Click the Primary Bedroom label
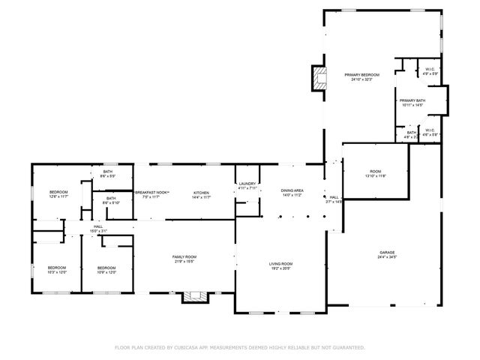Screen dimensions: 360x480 tap(361, 76)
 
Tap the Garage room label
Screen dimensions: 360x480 tap(386, 253)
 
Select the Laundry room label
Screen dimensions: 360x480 tap(247, 184)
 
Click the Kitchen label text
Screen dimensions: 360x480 tap(200, 193)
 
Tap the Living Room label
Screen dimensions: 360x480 tap(281, 264)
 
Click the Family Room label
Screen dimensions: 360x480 tap(184, 257)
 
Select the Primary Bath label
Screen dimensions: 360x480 tap(412, 101)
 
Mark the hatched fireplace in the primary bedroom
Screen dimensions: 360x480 tap(320, 78)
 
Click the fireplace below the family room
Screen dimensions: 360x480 tap(193, 296)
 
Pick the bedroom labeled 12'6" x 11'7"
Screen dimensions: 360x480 tap(58, 193)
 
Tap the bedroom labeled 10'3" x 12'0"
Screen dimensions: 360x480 tap(57, 268)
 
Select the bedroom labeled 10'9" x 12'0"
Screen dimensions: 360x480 tap(106, 268)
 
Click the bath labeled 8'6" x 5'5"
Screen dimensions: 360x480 tap(109, 173)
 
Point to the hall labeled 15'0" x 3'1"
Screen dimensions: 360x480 tap(98, 226)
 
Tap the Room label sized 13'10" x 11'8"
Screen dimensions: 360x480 tap(375, 172)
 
